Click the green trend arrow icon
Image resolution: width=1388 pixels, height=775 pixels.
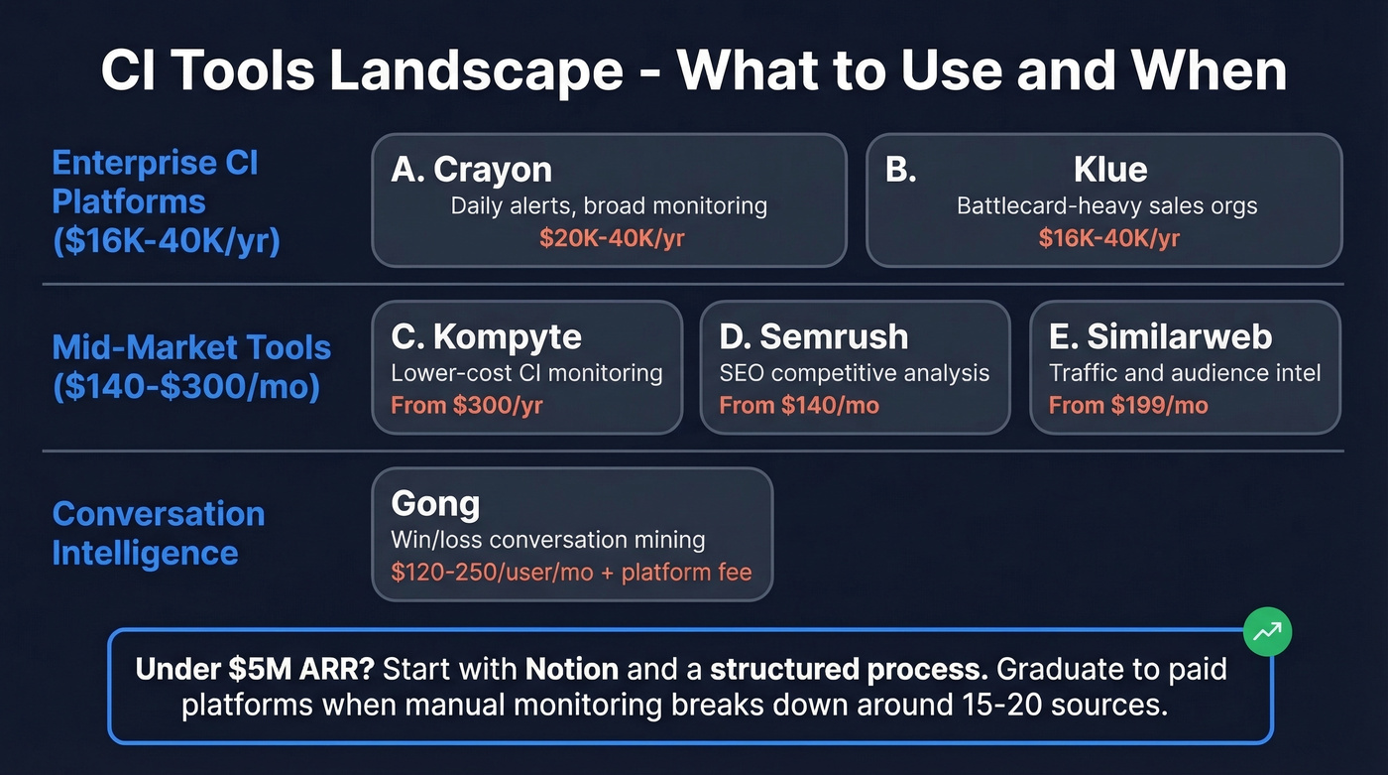coord(1267,631)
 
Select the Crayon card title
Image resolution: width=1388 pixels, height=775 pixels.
coord(471,170)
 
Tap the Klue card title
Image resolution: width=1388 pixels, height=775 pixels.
coord(1110,170)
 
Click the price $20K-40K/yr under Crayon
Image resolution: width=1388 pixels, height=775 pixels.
coord(611,238)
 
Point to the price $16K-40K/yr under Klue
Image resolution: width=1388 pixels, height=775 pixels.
coord(1108,238)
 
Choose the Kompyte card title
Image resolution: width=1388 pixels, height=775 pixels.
coord(486,336)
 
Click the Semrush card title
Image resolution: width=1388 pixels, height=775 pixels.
coord(814,336)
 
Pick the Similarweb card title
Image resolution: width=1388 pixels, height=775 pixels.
coord(1160,336)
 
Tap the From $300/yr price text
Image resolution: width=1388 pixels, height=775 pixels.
coord(467,405)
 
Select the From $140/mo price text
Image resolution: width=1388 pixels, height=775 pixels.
coord(799,405)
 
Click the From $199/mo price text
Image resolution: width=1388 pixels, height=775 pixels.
coord(1128,405)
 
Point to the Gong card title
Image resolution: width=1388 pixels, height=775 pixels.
coord(435,503)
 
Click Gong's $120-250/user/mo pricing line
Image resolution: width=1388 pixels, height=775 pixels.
coord(571,573)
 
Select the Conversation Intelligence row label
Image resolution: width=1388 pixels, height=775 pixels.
coord(159,533)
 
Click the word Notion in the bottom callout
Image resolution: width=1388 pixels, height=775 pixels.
coord(572,668)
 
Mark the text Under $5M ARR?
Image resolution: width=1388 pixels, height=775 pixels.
coord(254,668)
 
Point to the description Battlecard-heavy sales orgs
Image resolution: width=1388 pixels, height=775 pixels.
coord(1106,206)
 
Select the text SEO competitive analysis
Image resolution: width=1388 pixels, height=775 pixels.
coord(854,373)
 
